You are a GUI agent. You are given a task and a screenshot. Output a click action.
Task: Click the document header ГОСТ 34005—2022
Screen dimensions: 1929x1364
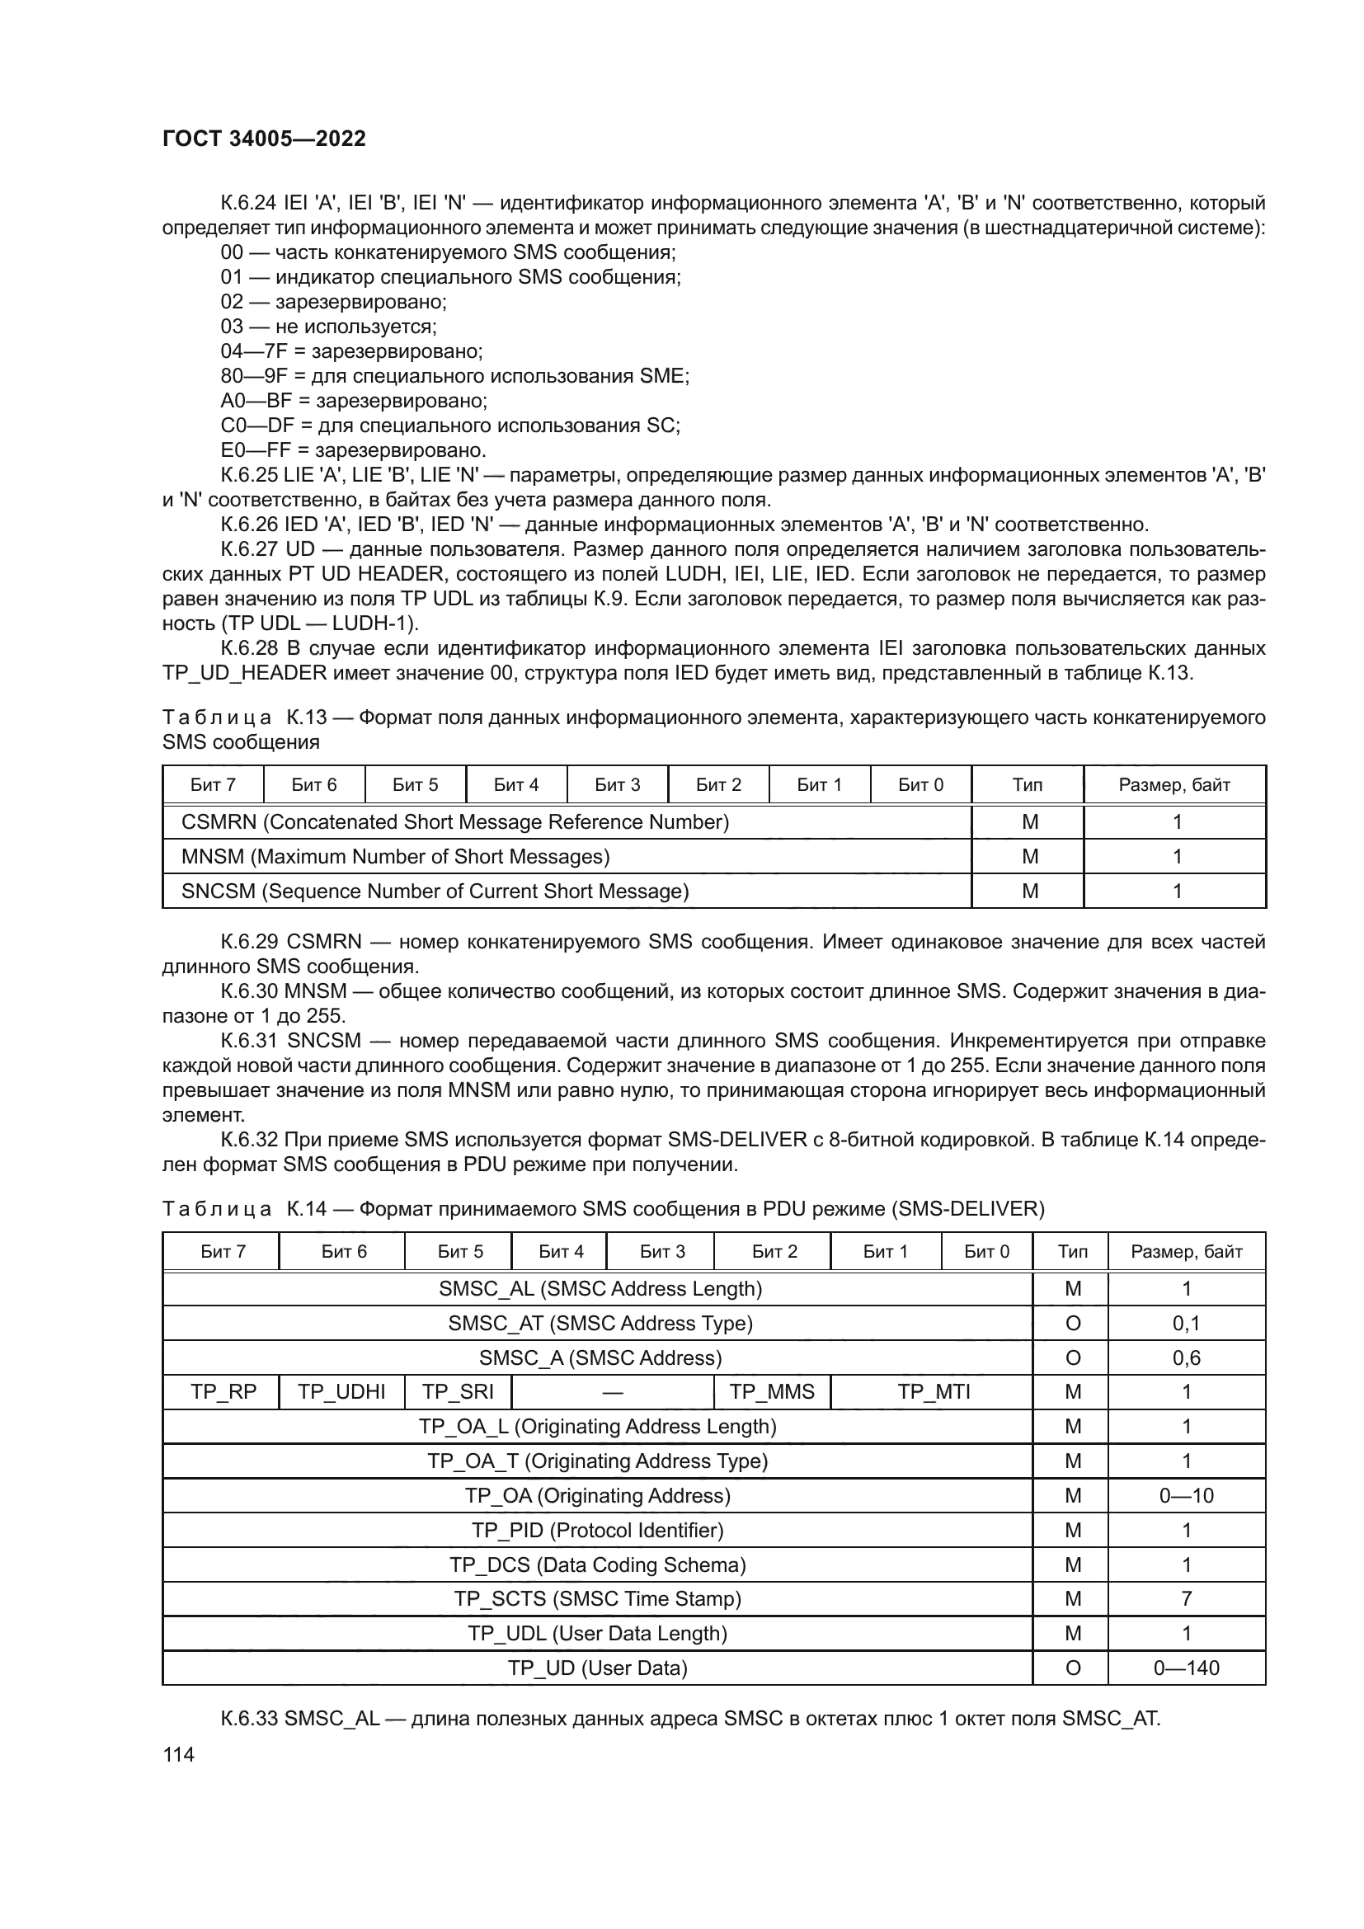tap(264, 139)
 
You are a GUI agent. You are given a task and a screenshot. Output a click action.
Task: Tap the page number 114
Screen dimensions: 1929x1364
tap(178, 1754)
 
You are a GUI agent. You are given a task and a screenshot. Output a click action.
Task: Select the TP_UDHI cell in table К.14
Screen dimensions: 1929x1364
tap(341, 1391)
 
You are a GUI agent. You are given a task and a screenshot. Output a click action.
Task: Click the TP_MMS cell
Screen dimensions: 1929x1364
tap(772, 1391)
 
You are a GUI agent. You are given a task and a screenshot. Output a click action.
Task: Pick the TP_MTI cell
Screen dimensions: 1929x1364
tap(934, 1391)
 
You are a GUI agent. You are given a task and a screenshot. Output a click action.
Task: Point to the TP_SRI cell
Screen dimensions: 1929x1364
tap(458, 1391)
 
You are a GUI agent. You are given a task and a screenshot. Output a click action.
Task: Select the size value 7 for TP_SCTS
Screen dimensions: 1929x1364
tap(1186, 1598)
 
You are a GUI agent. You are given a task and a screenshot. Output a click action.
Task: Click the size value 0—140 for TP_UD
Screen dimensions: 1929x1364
tap(1186, 1668)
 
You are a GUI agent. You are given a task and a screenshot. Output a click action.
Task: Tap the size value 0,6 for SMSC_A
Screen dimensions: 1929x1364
tap(1186, 1357)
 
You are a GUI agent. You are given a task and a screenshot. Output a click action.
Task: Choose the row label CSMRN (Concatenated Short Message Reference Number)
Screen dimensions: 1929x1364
tap(454, 821)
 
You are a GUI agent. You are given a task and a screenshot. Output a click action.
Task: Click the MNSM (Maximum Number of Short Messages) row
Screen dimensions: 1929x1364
tap(395, 856)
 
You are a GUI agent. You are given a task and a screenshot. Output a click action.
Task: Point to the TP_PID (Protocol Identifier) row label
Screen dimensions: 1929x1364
tap(597, 1530)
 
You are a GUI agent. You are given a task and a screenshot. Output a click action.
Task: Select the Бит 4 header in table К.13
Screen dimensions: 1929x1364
tap(515, 784)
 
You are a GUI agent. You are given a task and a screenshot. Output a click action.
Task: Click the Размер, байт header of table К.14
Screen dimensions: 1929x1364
tap(1186, 1251)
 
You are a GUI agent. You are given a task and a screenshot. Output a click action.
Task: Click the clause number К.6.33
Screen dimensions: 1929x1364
tap(248, 1718)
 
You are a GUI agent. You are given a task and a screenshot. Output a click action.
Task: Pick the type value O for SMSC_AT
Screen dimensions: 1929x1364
tap(1073, 1323)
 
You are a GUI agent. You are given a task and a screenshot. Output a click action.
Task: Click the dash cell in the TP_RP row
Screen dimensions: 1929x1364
tap(612, 1391)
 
